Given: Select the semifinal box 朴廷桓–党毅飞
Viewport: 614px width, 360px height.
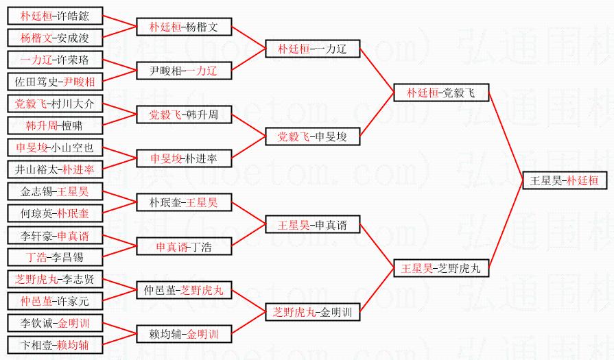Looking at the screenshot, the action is (440, 93).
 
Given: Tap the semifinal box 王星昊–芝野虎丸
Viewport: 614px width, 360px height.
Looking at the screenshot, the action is (440, 268).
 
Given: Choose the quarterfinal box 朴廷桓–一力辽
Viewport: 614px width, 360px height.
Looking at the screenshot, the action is (312, 49).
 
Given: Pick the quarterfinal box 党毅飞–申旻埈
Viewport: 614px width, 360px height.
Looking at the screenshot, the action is (312, 136).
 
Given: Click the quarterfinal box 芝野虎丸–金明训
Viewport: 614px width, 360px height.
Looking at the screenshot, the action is (312, 312).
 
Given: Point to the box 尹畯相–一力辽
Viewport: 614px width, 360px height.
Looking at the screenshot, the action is (184, 70).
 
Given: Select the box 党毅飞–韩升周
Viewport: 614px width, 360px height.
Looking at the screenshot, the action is (184, 114).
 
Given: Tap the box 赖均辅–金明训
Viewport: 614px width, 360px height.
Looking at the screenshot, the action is (184, 334).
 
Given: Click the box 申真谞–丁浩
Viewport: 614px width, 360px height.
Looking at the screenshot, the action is (184, 246).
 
